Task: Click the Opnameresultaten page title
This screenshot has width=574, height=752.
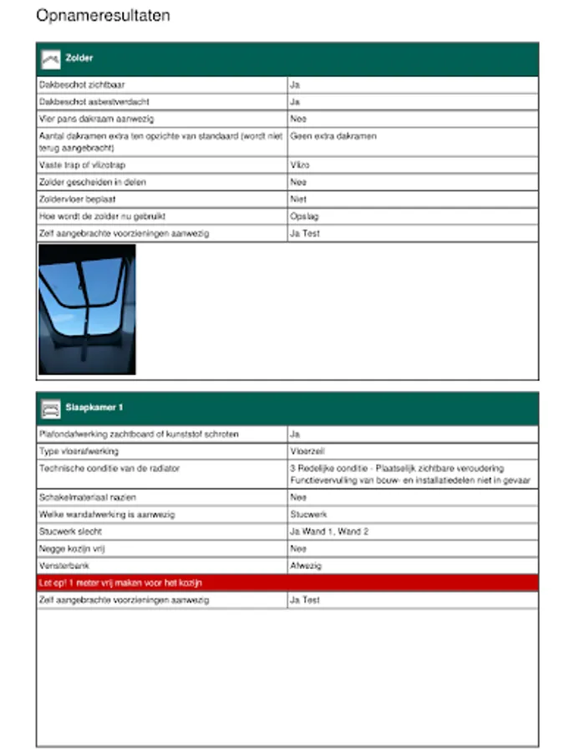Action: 103,16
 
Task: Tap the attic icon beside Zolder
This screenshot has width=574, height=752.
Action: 51,58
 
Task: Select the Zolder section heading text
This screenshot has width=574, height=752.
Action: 79,58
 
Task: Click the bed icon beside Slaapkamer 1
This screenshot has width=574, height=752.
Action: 51,408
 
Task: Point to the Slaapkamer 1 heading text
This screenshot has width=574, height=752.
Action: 94,408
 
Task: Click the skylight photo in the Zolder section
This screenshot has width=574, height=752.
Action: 87,309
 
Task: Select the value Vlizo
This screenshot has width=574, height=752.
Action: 299,165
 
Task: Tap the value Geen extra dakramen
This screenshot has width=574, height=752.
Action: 333,135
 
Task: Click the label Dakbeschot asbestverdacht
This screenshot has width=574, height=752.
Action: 94,102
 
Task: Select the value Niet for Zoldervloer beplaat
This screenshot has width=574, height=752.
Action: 298,200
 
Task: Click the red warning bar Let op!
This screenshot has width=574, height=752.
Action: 287,583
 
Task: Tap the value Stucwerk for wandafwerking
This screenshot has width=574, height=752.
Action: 307,515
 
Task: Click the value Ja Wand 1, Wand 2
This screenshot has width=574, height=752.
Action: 328,532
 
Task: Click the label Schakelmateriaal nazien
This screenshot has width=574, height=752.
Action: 87,497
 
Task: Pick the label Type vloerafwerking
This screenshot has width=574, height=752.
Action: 79,452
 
